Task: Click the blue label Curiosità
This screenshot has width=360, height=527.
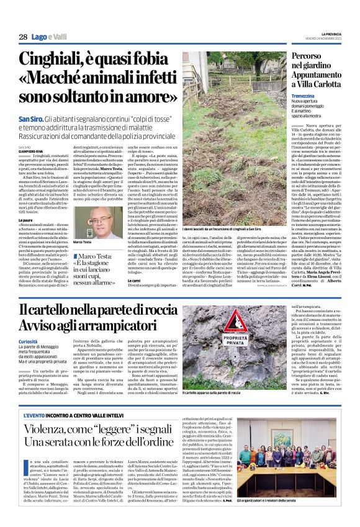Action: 27,341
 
